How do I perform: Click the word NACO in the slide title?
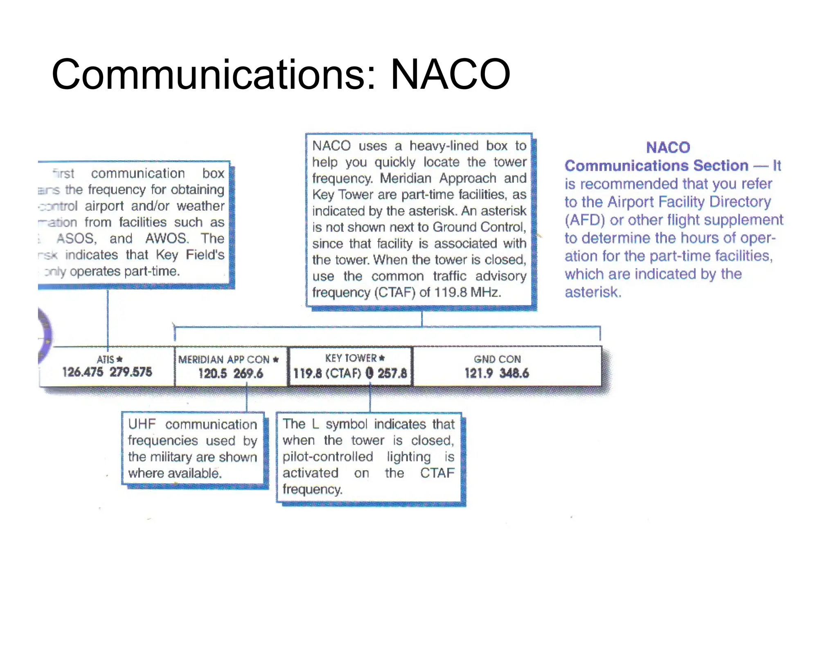(x=450, y=74)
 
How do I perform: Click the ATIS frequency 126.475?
(x=83, y=372)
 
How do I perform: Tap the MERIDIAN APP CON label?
(x=224, y=359)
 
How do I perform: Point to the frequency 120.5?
(x=212, y=373)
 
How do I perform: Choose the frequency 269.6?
(x=248, y=373)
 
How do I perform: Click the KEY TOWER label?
(x=351, y=358)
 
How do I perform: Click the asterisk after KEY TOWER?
(x=382, y=358)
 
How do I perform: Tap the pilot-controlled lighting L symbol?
(x=369, y=373)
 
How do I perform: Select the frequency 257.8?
(x=392, y=373)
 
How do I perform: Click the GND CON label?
(x=497, y=359)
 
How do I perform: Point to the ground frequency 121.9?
(x=478, y=373)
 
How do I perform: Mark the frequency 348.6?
(x=514, y=373)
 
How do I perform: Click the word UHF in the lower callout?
(x=142, y=424)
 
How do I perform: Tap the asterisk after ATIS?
(x=119, y=359)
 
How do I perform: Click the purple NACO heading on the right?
(x=668, y=147)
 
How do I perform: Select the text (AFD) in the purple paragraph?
(x=585, y=220)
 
